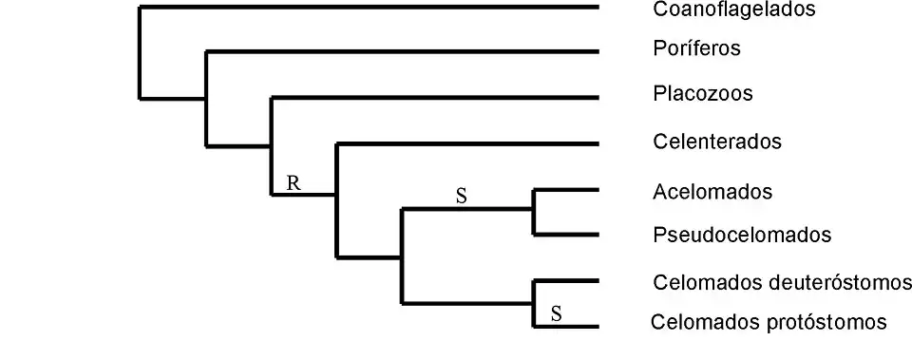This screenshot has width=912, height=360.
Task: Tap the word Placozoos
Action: [x=703, y=94]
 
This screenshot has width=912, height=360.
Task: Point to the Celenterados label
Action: [x=717, y=142]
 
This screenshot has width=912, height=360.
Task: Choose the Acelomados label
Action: [x=712, y=192]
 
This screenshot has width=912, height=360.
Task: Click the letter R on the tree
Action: [x=294, y=183]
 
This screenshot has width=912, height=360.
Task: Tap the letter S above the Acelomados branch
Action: [x=461, y=197]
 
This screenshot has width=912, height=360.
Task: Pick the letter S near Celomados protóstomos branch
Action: [x=556, y=312]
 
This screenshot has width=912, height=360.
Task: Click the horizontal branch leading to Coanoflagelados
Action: [x=370, y=8]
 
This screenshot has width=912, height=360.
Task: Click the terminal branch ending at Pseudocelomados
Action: [x=567, y=235]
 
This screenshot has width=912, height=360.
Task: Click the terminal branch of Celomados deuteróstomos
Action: [x=567, y=281]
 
